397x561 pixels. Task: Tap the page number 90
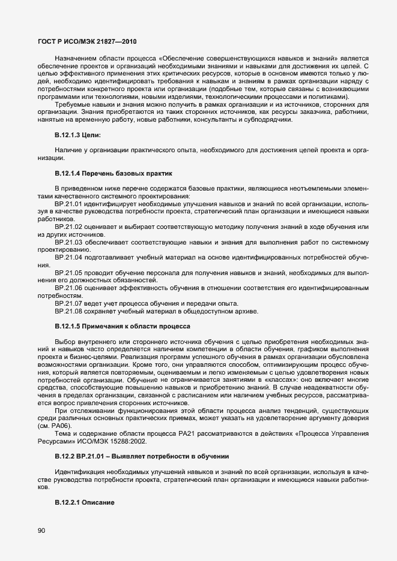(x=41, y=530)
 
